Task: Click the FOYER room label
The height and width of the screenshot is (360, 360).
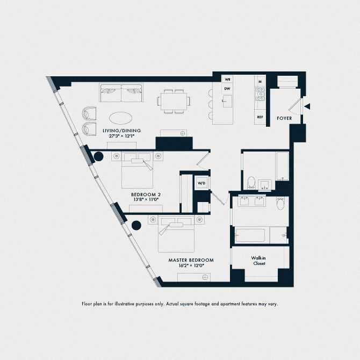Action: (284, 118)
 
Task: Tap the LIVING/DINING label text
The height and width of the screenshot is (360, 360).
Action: (120, 130)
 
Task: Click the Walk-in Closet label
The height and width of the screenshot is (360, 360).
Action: (258, 261)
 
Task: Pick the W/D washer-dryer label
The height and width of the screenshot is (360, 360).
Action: (202, 183)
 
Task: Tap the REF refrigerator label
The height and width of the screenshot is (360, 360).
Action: (260, 117)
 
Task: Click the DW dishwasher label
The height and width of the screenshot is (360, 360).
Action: (227, 89)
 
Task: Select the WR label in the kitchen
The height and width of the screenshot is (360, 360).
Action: (227, 80)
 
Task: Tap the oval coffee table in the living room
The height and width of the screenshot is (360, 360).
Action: (123, 118)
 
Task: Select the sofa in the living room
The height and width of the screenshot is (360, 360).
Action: (120, 92)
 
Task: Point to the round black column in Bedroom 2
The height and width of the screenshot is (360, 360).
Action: (99, 157)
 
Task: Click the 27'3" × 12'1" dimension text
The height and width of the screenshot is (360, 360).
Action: (120, 136)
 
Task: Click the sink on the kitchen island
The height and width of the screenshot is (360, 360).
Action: (227, 100)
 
